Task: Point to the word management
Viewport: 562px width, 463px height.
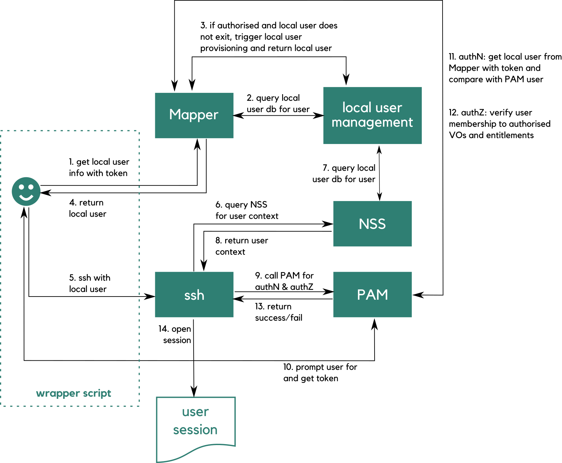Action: coord(372,123)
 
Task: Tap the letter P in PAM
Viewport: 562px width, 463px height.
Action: coord(362,295)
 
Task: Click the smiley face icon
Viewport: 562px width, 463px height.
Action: coord(26,191)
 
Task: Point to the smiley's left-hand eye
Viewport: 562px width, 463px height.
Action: coord(21,187)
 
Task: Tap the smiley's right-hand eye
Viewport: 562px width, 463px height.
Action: coord(31,187)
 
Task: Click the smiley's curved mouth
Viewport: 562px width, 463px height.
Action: coord(26,197)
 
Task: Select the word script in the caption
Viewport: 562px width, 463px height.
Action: coord(97,393)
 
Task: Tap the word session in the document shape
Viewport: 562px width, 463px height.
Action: coord(195,430)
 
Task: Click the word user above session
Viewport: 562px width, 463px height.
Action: coord(195,412)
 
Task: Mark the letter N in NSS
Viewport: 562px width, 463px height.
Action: coord(363,224)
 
